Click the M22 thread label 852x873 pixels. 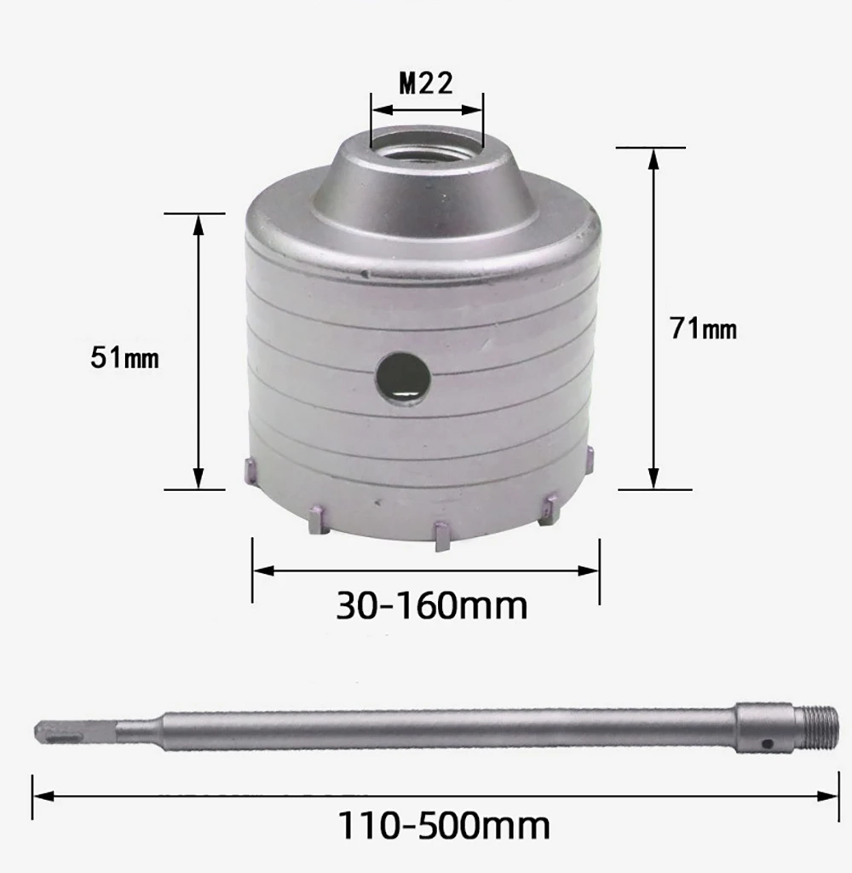[x=426, y=84]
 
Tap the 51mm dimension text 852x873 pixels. [x=124, y=357]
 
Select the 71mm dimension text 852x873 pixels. [x=704, y=328]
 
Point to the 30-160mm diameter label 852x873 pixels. [x=432, y=605]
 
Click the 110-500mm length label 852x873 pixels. [x=444, y=825]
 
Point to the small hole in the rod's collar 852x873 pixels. [x=769, y=743]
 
